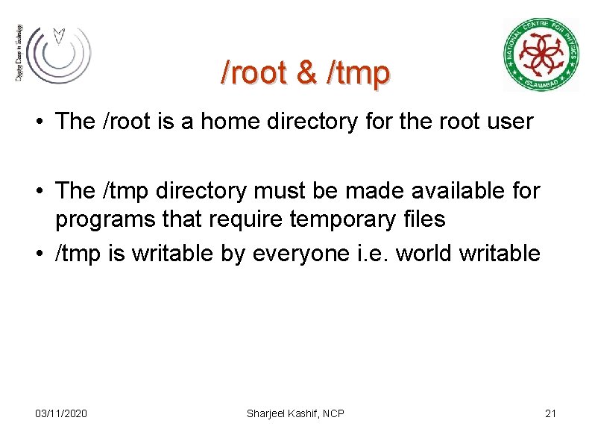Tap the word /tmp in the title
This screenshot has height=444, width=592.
click(357, 73)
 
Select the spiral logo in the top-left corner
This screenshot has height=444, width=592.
click(54, 53)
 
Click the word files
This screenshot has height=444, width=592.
click(422, 219)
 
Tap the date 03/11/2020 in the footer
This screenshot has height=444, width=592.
click(61, 413)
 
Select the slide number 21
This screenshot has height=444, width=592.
click(551, 413)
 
